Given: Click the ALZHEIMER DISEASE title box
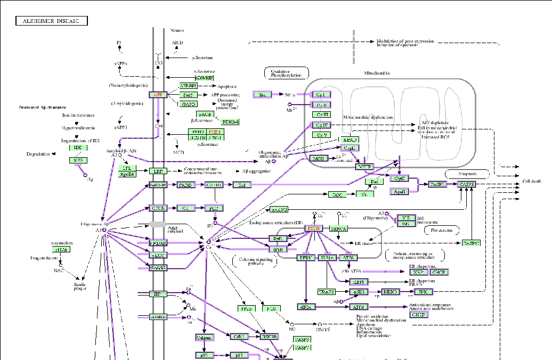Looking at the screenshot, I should pyautogui.click(x=51, y=21).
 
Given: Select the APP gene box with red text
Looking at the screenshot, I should pyautogui.click(x=158, y=95).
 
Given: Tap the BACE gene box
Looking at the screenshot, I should pyautogui.click(x=205, y=114).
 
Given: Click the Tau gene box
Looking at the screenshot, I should pyautogui.click(x=262, y=94).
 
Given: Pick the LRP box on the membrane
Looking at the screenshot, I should pyautogui.click(x=158, y=171).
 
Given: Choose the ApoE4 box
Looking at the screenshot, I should pyautogui.click(x=127, y=174).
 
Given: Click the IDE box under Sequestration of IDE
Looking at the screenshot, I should pyautogui.click(x=78, y=148).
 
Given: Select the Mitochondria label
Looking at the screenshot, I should pyautogui.click(x=377, y=73).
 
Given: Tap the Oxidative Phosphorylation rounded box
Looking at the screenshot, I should pyautogui.click(x=287, y=73).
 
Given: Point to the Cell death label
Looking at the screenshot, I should pyautogui.click(x=531, y=182).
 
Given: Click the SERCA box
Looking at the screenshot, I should pyautogui.click(x=338, y=228).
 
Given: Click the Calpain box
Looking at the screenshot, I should pyautogui.click(x=205, y=337).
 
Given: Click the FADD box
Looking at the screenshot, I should pyautogui.click(x=185, y=185).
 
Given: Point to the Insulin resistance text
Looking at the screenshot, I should pyautogui.click(x=78, y=115).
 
